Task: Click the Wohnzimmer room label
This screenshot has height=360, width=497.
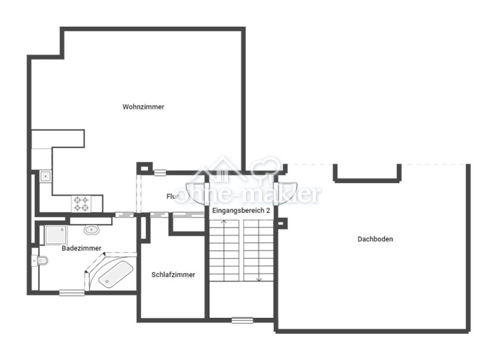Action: [x=143, y=107]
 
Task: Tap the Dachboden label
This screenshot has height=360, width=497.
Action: [x=375, y=239]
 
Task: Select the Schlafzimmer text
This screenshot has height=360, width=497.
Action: [x=173, y=275]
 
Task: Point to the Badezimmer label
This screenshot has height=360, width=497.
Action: [x=82, y=248]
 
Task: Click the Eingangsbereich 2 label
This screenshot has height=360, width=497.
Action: [x=241, y=211]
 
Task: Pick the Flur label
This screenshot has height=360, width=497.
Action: [x=172, y=196]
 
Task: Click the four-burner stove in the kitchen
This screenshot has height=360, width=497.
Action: [x=81, y=204]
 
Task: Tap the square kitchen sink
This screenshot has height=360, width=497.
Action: [x=45, y=176]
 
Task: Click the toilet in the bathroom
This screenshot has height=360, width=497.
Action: [x=40, y=261]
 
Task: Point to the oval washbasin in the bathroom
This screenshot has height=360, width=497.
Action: [x=92, y=229]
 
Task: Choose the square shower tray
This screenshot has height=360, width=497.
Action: [x=56, y=235]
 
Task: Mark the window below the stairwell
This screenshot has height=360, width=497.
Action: [x=242, y=320]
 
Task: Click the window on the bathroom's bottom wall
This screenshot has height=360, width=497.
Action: [x=72, y=293]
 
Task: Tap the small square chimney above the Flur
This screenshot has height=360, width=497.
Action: [x=145, y=168]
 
